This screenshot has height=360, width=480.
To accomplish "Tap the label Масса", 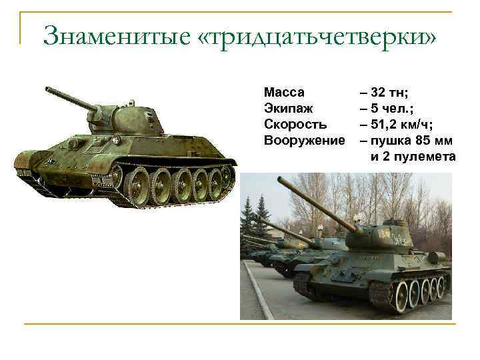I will (284, 91).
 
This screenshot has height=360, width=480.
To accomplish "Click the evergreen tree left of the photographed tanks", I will (251, 213).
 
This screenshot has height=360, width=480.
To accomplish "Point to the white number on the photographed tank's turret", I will (386, 234).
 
